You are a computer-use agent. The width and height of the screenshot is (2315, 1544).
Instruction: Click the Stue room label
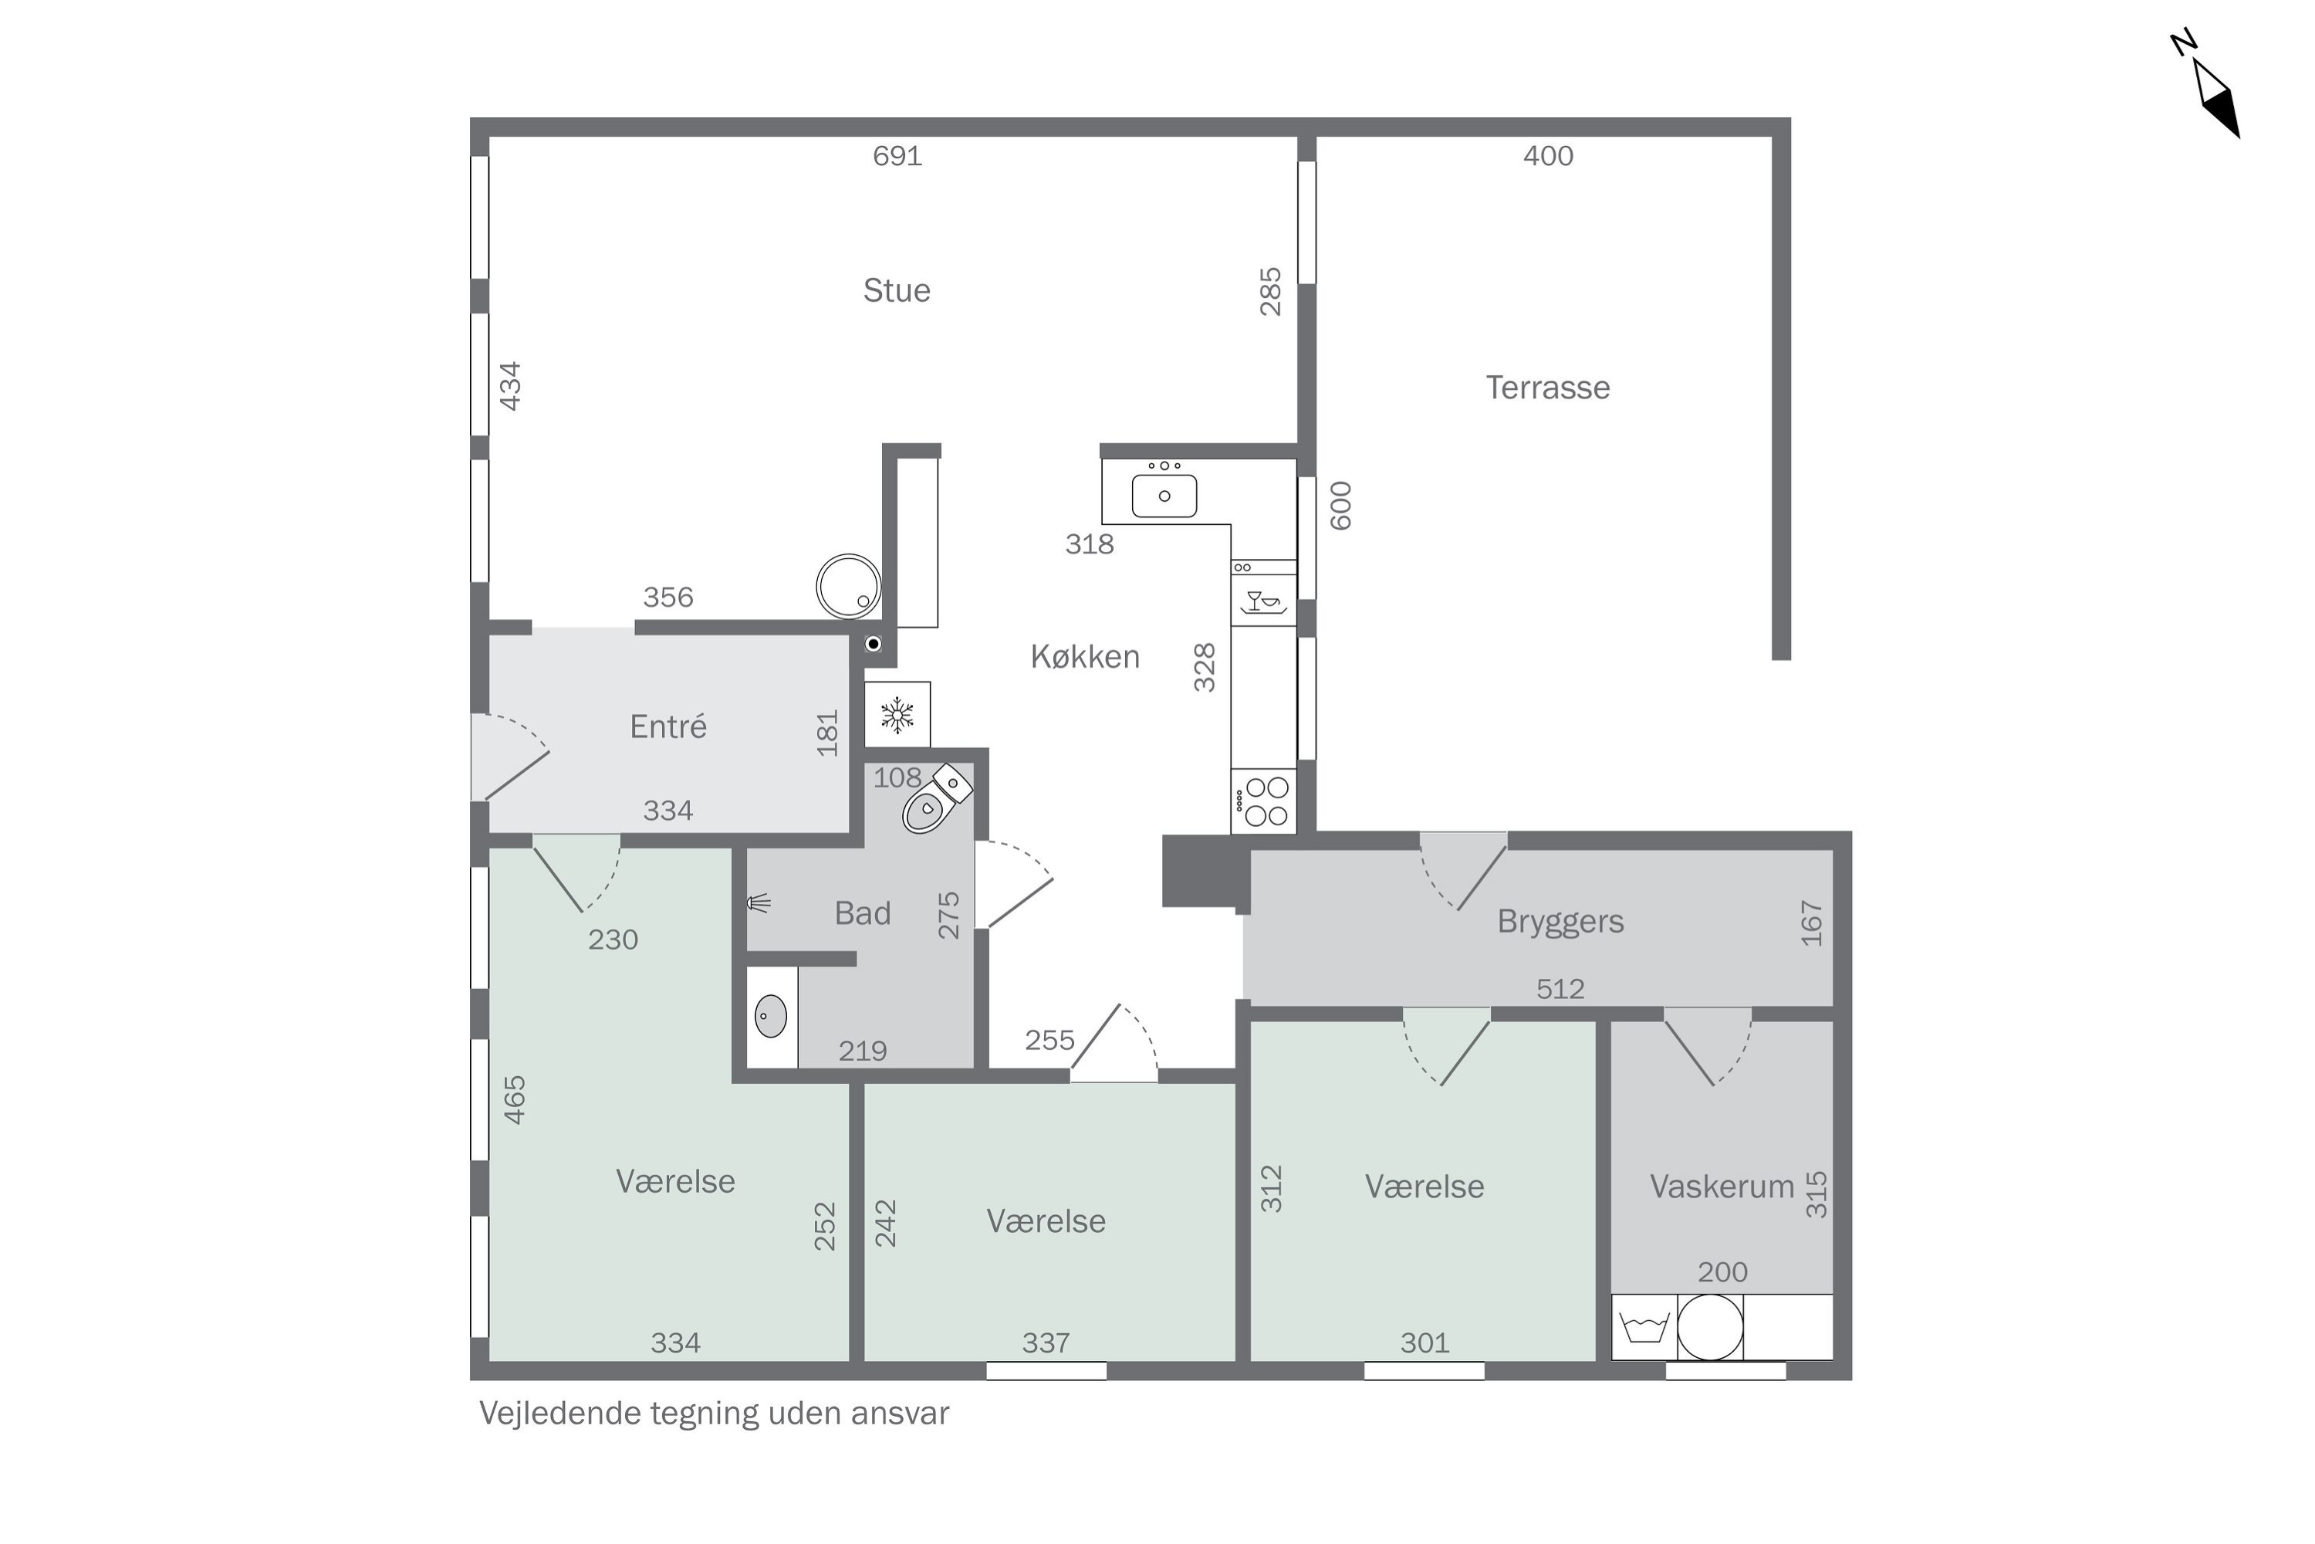pyautogui.click(x=897, y=290)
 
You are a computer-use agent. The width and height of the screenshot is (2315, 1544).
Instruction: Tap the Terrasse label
pyautogui.click(x=1547, y=388)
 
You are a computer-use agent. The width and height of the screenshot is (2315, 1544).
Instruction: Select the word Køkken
pyautogui.click(x=1085, y=657)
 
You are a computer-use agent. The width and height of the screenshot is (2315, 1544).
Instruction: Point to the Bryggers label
pyautogui.click(x=1560, y=922)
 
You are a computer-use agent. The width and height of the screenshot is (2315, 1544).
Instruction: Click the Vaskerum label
pyautogui.click(x=1722, y=1187)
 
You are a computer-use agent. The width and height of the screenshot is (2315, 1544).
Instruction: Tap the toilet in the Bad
pyautogui.click(x=936, y=798)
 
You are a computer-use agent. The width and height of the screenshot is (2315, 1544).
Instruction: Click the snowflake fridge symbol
pyautogui.click(x=897, y=715)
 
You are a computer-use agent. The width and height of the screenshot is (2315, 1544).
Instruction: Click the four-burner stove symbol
pyautogui.click(x=1264, y=801)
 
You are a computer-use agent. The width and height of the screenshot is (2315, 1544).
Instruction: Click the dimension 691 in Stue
pyautogui.click(x=897, y=156)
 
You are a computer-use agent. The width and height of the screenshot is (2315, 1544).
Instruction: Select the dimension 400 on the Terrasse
pyautogui.click(x=1548, y=156)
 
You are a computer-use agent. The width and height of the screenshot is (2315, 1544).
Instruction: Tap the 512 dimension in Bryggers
pyautogui.click(x=1560, y=989)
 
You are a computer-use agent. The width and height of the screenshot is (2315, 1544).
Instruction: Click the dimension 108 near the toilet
pyautogui.click(x=897, y=778)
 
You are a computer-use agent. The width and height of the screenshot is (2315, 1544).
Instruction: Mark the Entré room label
pyautogui.click(x=668, y=726)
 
